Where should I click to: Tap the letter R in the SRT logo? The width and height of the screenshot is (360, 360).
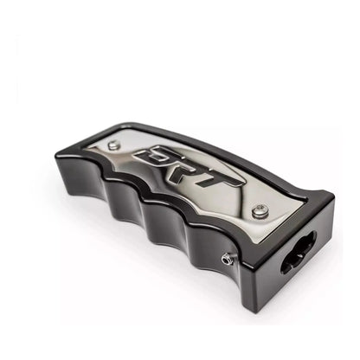(191, 170)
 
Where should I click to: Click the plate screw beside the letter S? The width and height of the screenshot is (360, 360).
(113, 145)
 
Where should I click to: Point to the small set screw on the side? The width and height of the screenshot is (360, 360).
(226, 259)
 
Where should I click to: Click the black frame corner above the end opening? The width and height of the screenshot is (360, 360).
(318, 197)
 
